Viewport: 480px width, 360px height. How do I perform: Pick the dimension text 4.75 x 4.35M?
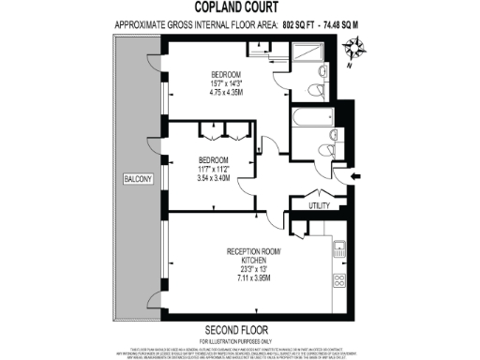pos(228,94)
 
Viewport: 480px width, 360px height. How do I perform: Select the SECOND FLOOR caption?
pos(237,330)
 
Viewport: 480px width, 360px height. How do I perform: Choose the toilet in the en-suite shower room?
pos(322,74)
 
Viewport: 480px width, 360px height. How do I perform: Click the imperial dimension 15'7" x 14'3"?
pos(228,83)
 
